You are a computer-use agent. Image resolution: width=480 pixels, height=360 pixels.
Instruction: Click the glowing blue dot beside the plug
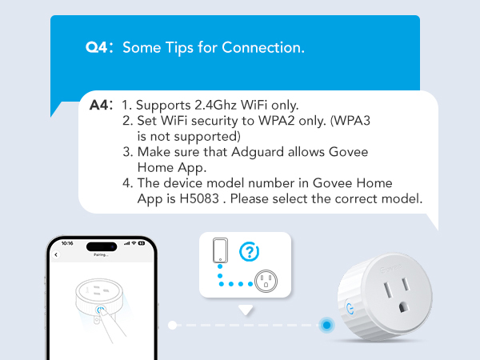pyautogui.click(x=326, y=325)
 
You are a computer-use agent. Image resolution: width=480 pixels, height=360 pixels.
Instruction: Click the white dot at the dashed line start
pyautogui.click(x=173, y=325)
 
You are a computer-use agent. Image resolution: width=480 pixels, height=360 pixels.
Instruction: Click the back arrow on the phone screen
pyautogui.click(x=57, y=254)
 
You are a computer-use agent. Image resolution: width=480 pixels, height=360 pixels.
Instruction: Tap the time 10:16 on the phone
pyautogui.click(x=66, y=243)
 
